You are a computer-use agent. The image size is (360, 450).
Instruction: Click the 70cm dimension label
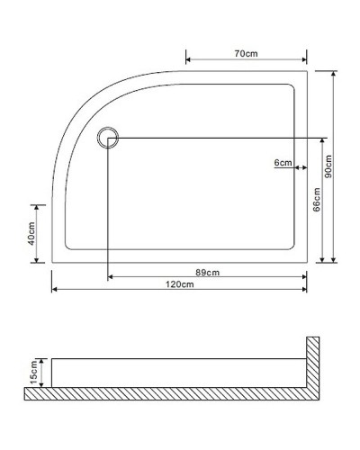(x=246, y=54)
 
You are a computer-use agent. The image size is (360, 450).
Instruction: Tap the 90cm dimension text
(x=329, y=166)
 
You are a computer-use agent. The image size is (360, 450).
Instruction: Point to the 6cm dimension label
(x=283, y=163)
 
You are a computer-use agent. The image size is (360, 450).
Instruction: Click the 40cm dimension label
(x=31, y=233)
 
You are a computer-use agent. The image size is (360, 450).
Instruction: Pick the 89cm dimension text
(x=208, y=273)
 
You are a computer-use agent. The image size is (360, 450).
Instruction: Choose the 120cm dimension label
(x=180, y=284)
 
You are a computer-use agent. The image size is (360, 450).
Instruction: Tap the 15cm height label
(x=32, y=369)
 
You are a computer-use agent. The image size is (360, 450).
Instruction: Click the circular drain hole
(x=109, y=137)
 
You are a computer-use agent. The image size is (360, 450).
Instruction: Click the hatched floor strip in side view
(x=171, y=393)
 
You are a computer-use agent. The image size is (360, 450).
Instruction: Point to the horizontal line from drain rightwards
(x=216, y=137)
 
